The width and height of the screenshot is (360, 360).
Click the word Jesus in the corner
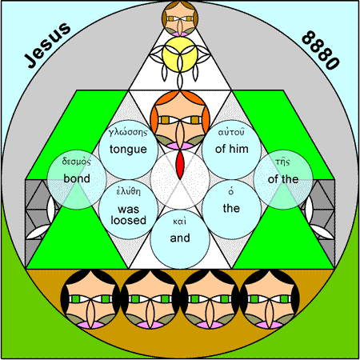tap(48, 45)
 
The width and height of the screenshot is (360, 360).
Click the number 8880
tap(321, 50)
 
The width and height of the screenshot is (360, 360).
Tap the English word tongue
tap(128, 150)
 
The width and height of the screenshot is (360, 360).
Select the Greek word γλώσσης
tap(128, 133)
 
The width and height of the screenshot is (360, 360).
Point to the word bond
tap(77, 178)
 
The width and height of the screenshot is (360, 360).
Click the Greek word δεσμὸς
tap(77, 162)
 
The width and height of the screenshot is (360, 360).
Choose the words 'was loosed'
tap(129, 215)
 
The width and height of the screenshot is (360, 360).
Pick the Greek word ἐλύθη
tap(128, 191)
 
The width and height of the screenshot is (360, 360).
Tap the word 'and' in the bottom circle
tap(180, 238)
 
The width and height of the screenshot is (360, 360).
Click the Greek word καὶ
tap(180, 222)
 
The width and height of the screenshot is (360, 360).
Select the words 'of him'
tap(232, 149)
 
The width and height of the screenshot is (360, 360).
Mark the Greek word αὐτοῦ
tap(231, 132)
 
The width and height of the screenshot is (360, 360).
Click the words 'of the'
tap(283, 179)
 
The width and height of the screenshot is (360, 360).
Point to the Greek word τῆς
tap(283, 162)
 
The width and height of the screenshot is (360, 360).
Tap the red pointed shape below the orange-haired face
tap(180, 165)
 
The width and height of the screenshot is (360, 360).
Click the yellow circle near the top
tap(180, 54)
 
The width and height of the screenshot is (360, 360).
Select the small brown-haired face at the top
tap(180, 18)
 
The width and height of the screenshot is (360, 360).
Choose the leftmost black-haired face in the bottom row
tap(90, 299)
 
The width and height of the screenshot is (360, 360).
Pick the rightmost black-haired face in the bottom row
tap(270, 299)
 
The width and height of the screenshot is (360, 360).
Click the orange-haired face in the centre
tap(180, 120)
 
